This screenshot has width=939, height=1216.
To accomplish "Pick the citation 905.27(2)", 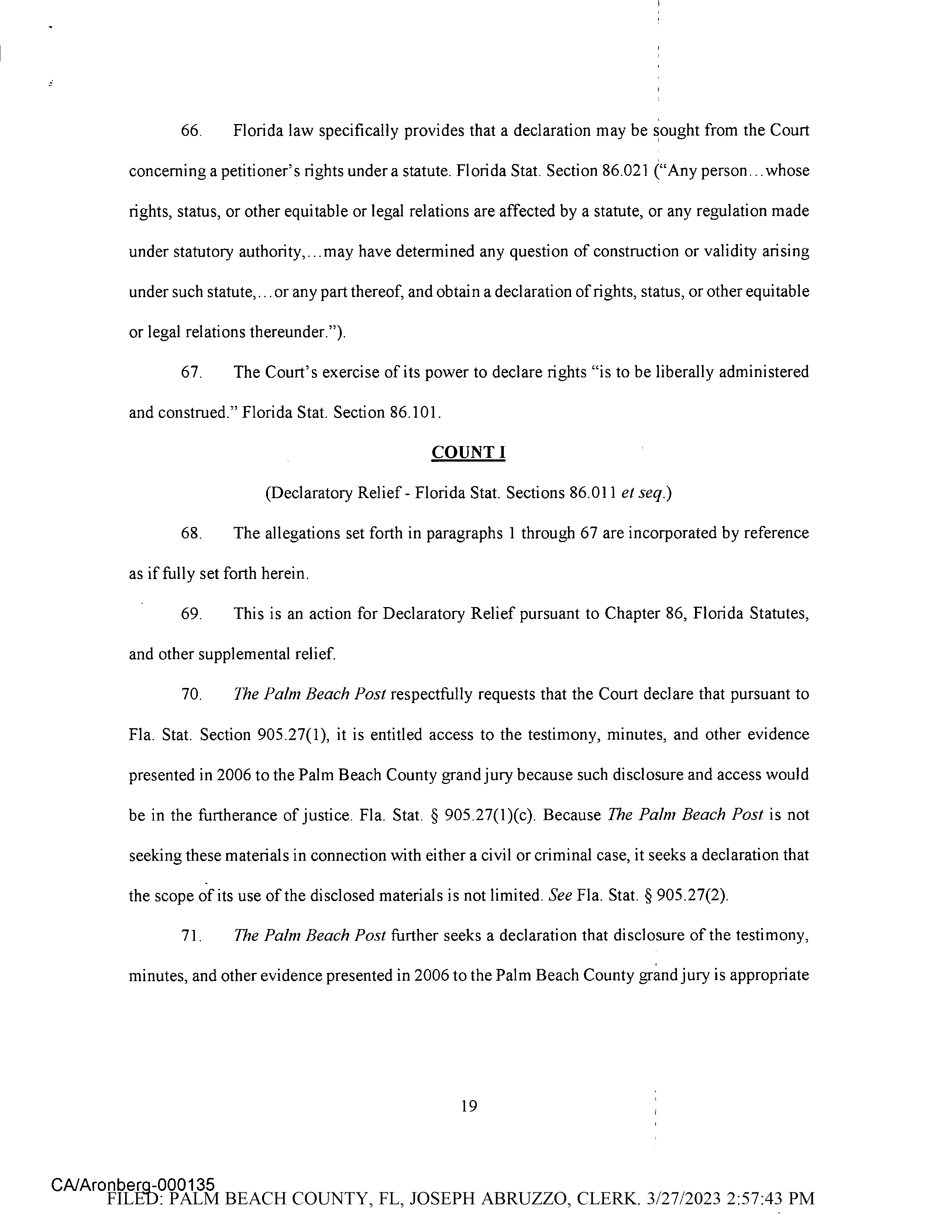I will pyautogui.click(x=692, y=896).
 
